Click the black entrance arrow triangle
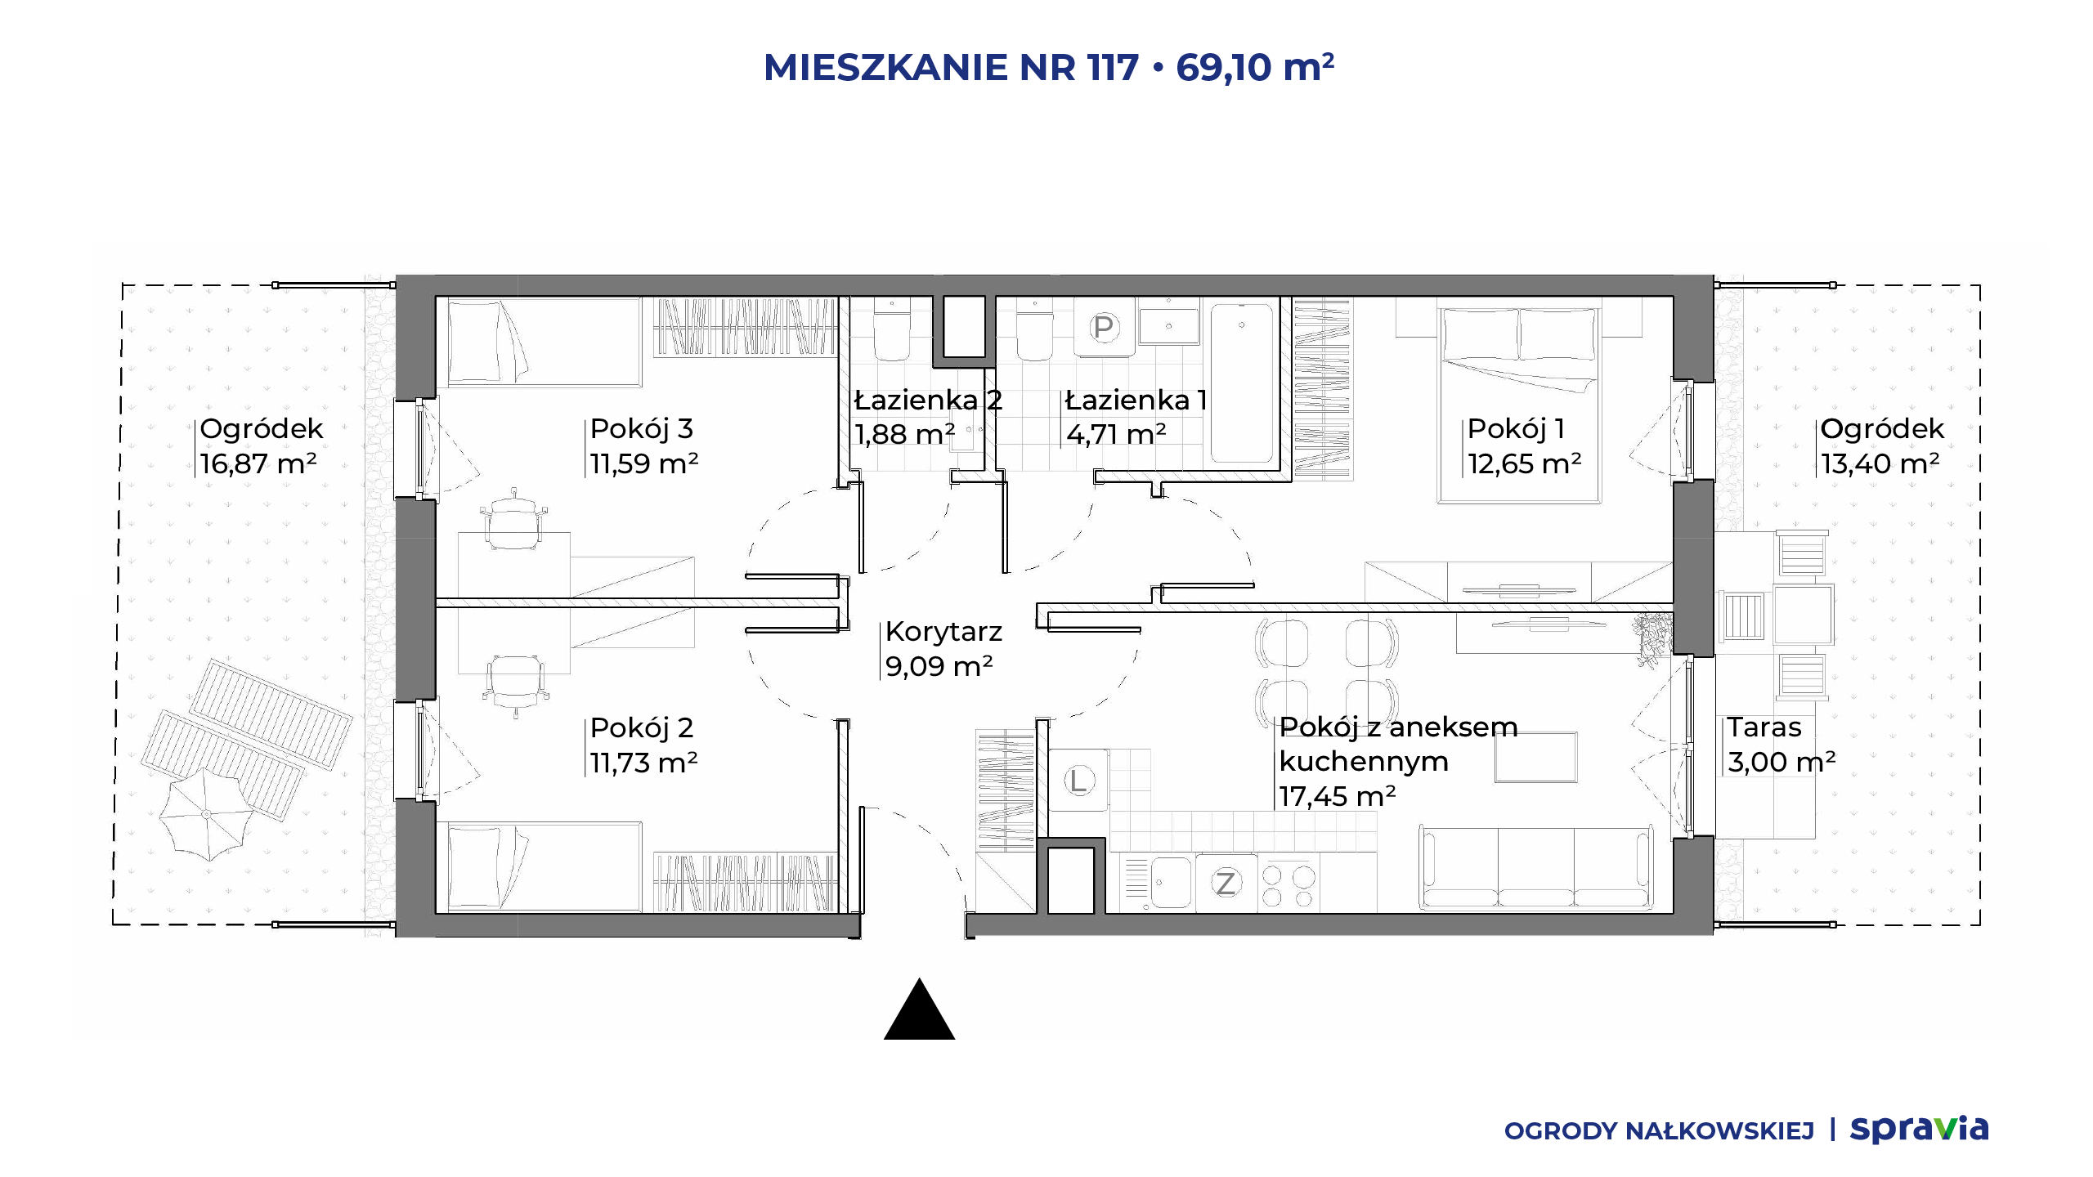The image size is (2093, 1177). coord(919,1010)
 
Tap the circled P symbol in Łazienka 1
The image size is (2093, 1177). coord(1103,327)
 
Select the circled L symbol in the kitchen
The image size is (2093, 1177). coord(1078,781)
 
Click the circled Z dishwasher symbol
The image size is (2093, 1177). coord(1225,883)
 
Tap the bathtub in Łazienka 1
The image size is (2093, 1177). coord(1241,383)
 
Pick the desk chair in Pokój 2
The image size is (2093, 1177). coord(514,685)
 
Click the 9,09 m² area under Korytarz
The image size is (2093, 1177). coord(939,666)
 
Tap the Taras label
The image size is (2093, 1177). coord(1764,727)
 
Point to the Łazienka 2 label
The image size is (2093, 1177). coord(928,400)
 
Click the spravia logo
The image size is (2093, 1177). coord(1919,1129)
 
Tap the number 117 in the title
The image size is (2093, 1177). coord(1113,67)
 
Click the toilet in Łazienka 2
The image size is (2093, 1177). coord(891,329)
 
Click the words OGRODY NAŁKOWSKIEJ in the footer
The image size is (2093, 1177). coord(1659,1130)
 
